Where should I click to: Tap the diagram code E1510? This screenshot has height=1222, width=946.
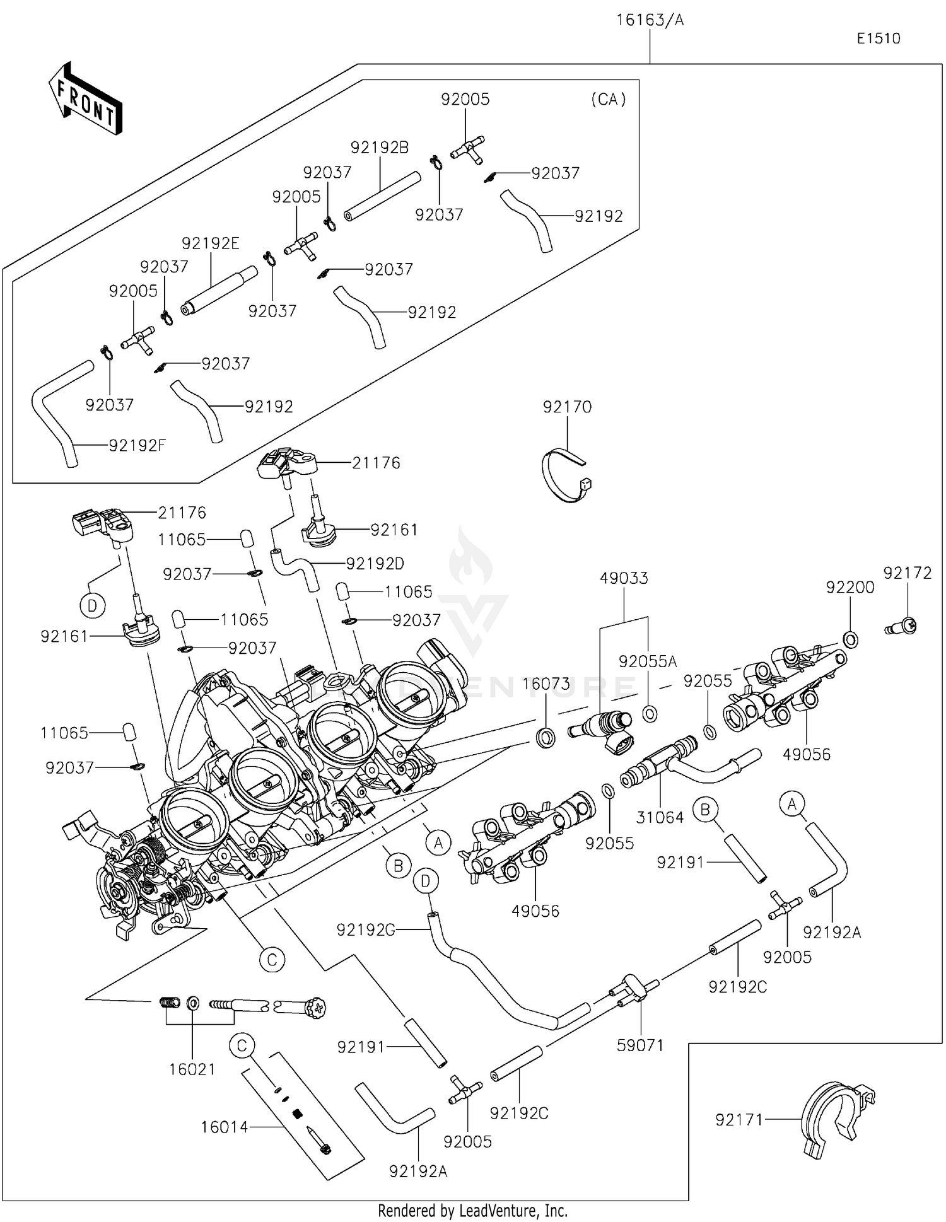coord(878,38)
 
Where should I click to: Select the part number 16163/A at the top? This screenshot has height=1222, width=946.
coord(650,20)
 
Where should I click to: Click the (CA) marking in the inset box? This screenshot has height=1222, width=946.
coord(608,99)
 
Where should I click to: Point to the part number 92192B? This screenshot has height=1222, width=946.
coord(380,148)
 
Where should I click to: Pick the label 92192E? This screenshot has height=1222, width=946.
coord(211,243)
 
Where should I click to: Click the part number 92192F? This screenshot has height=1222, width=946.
coord(137,445)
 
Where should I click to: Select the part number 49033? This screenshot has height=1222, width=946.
coord(624,578)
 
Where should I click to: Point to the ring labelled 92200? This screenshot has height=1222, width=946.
coord(850,639)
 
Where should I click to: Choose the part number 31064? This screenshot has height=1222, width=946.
coord(660,817)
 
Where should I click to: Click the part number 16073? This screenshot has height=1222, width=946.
coord(546,684)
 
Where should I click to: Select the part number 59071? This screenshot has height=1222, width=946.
coord(640,1045)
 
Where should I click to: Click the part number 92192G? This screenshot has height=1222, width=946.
coord(366,929)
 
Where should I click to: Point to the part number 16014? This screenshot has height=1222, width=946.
coord(225,1127)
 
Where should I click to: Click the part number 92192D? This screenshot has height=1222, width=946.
coord(375,563)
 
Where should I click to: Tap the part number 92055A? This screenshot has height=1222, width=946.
coord(647,661)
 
